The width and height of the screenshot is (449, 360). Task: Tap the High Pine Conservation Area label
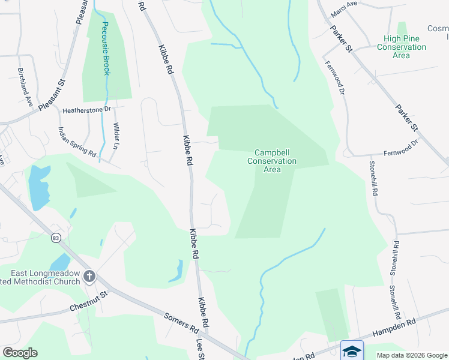(x=401, y=47)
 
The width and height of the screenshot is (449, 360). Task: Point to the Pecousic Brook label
(x=105, y=49)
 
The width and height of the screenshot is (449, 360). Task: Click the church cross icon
(x=89, y=277)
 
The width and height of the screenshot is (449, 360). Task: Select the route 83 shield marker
(x=56, y=238)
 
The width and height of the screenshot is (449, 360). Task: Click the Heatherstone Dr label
(x=87, y=110)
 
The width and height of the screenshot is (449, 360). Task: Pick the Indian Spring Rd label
(x=77, y=142)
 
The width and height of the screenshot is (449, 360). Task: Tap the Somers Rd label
(x=182, y=323)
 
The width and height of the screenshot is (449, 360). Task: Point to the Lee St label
(x=201, y=349)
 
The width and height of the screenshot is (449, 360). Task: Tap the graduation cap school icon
(x=352, y=351)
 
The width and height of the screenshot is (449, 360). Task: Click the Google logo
(x=20, y=353)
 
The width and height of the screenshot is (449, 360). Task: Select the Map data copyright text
(x=411, y=355)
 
